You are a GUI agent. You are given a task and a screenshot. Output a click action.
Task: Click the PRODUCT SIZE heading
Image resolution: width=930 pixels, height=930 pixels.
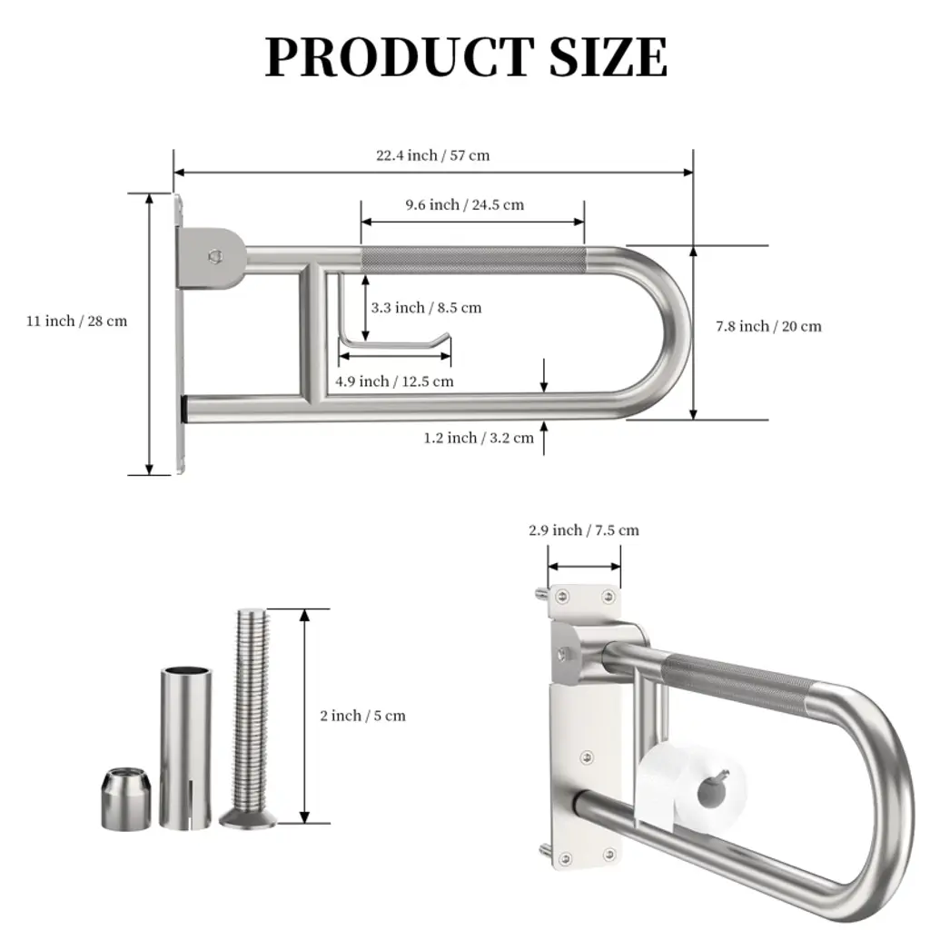466,56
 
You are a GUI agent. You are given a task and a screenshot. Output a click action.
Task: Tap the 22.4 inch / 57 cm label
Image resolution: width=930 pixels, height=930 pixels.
432,155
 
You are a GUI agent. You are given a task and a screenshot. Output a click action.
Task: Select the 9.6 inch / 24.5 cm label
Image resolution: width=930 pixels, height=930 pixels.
464,204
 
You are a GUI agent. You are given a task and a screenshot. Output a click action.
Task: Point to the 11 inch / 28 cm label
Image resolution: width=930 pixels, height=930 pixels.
76,321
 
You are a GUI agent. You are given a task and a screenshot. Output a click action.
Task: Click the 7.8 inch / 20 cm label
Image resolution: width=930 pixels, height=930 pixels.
768,326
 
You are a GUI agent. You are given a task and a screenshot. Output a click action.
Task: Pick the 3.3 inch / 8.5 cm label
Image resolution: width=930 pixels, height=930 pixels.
426,308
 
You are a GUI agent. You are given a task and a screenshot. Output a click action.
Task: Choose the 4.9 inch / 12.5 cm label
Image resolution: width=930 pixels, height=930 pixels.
394,381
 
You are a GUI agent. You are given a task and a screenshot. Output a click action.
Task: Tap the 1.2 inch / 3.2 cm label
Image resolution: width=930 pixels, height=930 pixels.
478,438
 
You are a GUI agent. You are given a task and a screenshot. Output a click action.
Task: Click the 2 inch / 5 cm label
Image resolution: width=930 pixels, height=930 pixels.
362,716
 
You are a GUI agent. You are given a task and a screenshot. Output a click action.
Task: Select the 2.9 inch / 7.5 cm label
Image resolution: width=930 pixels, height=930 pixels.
584,530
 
